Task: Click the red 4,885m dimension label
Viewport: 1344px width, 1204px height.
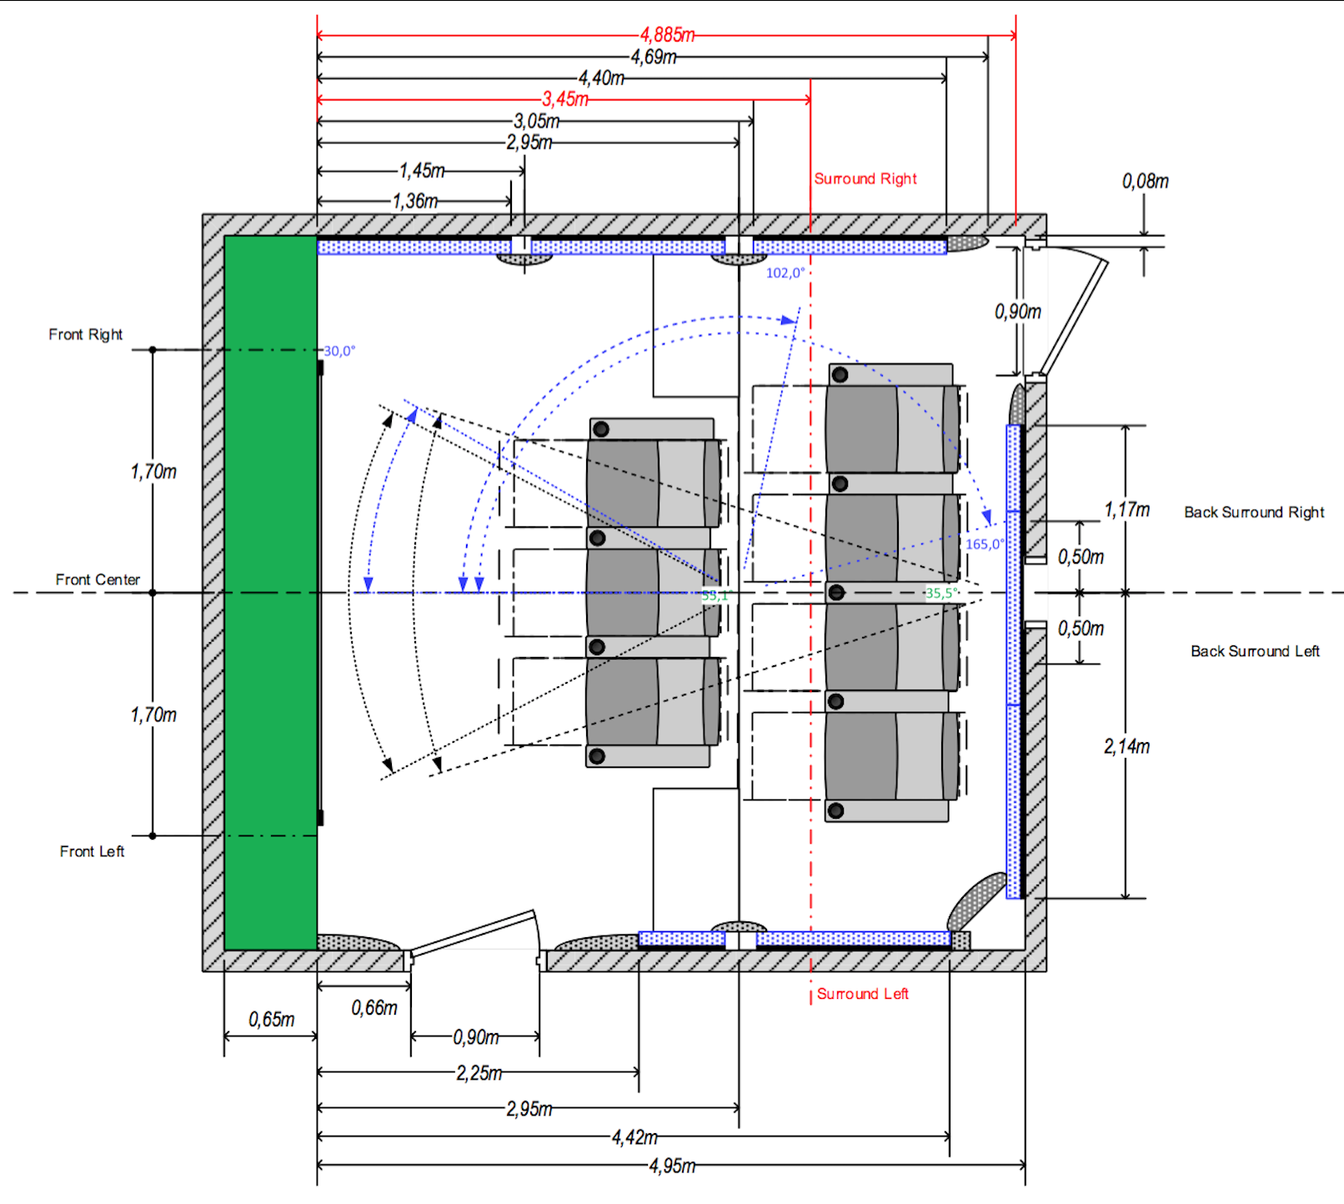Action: tap(667, 35)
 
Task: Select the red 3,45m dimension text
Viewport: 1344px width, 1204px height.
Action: tap(565, 99)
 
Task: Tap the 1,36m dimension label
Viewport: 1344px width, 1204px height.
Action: tap(415, 201)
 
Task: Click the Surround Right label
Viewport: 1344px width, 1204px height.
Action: tap(865, 178)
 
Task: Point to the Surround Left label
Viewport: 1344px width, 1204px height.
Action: tap(862, 994)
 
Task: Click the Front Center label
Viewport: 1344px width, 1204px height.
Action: tap(98, 579)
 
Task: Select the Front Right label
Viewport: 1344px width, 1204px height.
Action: tap(85, 334)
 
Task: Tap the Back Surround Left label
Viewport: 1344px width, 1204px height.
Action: tap(1254, 651)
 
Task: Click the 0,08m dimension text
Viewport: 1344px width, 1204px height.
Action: tap(1145, 181)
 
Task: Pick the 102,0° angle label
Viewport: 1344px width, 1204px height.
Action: tap(785, 273)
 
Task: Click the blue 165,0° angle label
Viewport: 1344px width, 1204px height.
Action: tap(985, 544)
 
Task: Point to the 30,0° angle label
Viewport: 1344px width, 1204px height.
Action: tap(339, 351)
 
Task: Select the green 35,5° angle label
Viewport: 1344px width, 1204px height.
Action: tap(942, 593)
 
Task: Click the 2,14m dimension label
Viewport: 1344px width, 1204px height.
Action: tap(1126, 746)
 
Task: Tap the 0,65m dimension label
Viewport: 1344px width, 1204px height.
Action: tap(271, 1019)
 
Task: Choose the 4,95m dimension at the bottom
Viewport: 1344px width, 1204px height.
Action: tap(672, 1166)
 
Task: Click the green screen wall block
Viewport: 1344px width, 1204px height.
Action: tap(270, 592)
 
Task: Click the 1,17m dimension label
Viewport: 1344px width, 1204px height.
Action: tap(1126, 509)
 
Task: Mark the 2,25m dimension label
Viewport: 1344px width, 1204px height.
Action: tap(479, 1073)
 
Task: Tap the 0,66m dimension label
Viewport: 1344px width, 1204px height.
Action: tap(374, 1007)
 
